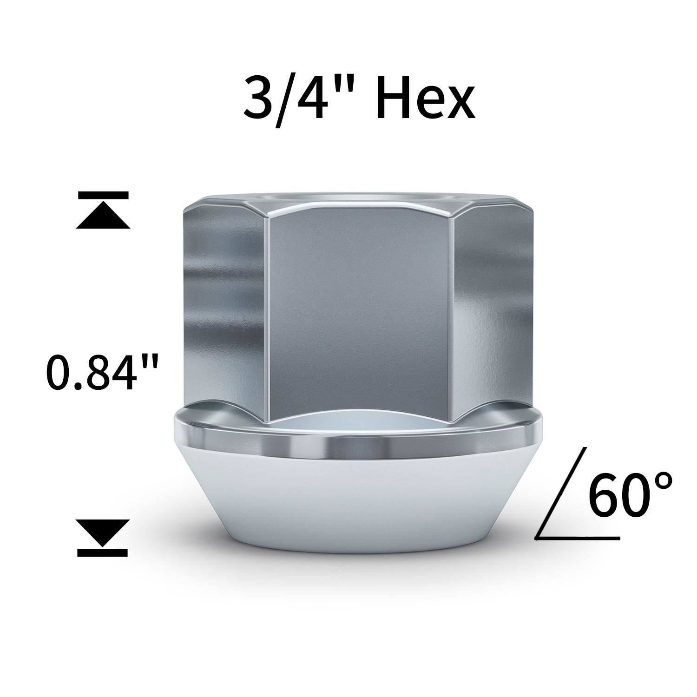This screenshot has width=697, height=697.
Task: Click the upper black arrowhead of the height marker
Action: (103, 217)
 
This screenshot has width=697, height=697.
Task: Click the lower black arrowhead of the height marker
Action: (103, 533)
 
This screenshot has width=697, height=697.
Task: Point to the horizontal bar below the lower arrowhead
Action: (103, 552)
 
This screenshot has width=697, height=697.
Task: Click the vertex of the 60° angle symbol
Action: (537, 538)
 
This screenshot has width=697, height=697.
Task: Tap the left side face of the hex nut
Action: (223, 307)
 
